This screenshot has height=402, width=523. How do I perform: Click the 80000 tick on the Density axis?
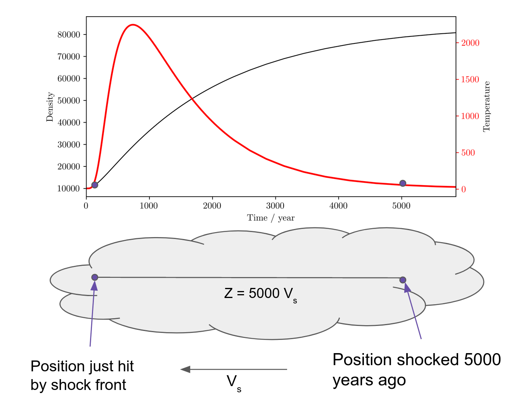coord(69,35)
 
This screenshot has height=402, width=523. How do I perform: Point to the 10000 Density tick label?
coord(69,189)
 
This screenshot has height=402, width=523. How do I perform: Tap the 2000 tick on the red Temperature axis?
coord(470,43)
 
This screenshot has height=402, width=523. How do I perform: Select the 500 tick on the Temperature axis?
coord(468,152)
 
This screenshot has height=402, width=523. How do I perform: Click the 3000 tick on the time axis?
coord(275,206)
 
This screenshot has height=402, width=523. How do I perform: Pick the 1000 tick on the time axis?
coord(149,206)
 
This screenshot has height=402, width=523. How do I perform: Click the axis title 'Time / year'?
coord(270,218)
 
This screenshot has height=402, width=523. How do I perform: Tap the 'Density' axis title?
coord(50,107)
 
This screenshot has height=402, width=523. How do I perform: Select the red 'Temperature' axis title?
coord(487,107)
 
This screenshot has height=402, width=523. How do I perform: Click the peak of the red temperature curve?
coord(133,25)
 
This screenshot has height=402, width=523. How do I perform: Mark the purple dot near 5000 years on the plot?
coord(403,183)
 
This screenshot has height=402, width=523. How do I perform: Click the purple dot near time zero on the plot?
coord(95,185)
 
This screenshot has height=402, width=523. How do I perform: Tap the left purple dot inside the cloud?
coord(95,277)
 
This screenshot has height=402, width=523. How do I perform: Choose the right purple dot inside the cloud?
coord(403,280)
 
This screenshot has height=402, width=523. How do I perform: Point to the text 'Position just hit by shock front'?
coord(82,375)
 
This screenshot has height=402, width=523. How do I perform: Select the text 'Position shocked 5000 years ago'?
coord(416,370)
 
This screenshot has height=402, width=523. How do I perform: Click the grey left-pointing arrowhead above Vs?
coord(185,369)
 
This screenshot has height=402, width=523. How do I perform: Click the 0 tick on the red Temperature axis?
coord(463,189)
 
